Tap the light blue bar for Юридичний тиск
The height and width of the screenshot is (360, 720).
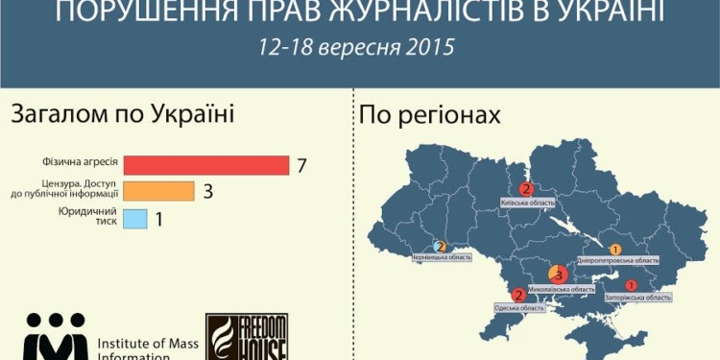tap(135, 219)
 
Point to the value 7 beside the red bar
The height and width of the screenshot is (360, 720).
tap(301, 165)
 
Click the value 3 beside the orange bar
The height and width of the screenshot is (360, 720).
tap(207, 191)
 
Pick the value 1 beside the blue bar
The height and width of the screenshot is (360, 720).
tap(158, 220)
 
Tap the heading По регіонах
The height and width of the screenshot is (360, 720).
tap(429, 116)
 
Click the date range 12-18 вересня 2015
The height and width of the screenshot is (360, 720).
tap(356, 47)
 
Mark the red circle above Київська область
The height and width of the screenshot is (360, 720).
tap(525, 189)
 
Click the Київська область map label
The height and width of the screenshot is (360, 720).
tap(527, 203)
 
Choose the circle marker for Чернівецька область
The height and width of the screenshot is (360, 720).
tap(440, 247)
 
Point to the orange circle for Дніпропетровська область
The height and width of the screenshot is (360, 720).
tap(615, 249)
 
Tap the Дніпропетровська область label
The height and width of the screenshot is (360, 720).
tap(618, 260)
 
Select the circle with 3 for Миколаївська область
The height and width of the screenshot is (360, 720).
tap(557, 276)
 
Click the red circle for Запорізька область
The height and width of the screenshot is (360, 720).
tap(631, 285)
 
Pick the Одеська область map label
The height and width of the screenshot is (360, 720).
tap(519, 308)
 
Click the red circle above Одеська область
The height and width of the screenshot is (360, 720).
tap(519, 296)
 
